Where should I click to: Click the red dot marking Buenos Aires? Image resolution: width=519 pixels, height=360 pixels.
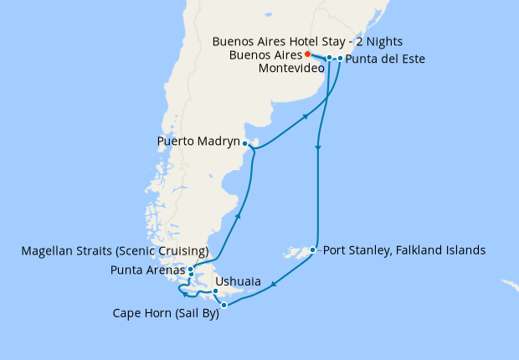click(307, 54)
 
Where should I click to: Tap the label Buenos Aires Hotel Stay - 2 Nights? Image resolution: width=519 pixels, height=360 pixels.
click(307, 40)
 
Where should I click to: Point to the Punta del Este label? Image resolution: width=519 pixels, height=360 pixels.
click(386, 59)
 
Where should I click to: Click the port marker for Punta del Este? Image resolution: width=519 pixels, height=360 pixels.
click(340, 59)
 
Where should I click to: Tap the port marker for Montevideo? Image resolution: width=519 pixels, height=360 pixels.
click(330, 58)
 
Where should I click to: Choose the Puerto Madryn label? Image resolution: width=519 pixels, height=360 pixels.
click(198, 142)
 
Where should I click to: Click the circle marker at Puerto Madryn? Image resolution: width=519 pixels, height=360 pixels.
click(244, 143)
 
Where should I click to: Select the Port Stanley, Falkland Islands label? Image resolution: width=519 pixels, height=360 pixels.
click(403, 249)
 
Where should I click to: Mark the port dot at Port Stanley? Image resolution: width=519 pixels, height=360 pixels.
click(312, 249)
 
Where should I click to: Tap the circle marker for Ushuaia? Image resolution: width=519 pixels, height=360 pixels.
click(216, 291)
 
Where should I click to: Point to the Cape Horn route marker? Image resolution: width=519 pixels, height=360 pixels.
click(224, 306)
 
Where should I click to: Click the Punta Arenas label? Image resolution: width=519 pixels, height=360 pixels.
click(147, 270)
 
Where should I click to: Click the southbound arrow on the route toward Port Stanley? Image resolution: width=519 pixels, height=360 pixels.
click(318, 149)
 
